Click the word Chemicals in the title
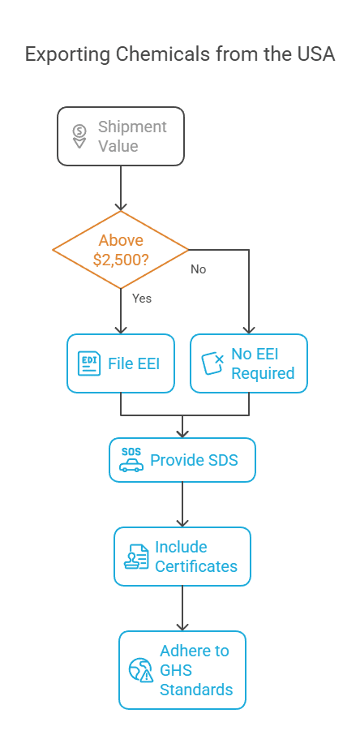(x=162, y=54)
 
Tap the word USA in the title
(x=316, y=54)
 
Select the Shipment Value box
(x=121, y=136)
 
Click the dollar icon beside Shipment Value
(x=79, y=136)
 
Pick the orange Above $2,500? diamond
(x=121, y=250)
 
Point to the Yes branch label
(x=142, y=299)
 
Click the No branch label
(x=199, y=269)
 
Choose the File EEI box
(x=121, y=363)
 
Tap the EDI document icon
(x=89, y=364)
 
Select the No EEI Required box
(x=249, y=363)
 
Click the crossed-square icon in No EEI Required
(x=212, y=364)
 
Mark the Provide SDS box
(x=182, y=460)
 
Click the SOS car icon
(x=131, y=460)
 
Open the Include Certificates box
(x=182, y=557)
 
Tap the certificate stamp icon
(x=136, y=557)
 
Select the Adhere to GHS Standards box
(x=182, y=670)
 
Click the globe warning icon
(x=141, y=670)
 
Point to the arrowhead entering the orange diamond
(x=121, y=205)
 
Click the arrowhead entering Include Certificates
(x=182, y=522)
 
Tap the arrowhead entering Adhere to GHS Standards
(x=182, y=626)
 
